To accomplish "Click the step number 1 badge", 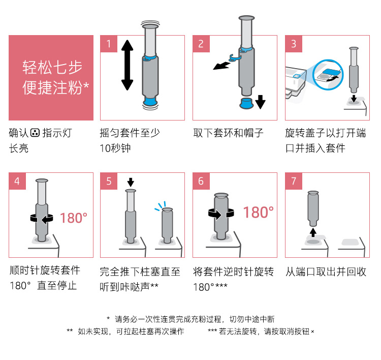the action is tap(109, 44).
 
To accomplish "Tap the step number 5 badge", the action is tap(109, 181).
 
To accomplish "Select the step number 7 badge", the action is tap(294, 181).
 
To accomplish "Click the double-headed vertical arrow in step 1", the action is tap(127, 65).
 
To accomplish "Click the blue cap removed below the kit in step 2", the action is tap(246, 103).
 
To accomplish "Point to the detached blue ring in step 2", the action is tap(235, 58).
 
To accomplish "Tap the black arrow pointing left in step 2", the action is tap(221, 66).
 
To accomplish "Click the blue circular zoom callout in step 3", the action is tap(328, 75).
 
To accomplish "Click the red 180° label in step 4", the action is tap(73, 218).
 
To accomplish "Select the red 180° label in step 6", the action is tap(258, 213).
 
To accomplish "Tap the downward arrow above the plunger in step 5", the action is tap(131, 182).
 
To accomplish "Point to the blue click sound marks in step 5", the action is tap(161, 206).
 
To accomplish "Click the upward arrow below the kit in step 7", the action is tap(313, 232).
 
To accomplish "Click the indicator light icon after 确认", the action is tap(35, 133).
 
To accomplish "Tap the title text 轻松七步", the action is tap(52, 68).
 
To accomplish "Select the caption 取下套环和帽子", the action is tap(229, 133).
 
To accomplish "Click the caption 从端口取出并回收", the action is tap(326, 272).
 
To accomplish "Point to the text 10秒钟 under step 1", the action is tap(115, 148).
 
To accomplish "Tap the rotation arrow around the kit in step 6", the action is tap(221, 214).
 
